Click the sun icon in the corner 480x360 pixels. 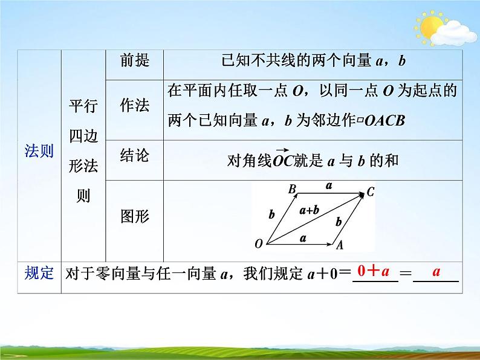[x=431, y=28]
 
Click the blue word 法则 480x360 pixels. [x=39, y=151]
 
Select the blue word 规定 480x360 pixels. [x=39, y=273]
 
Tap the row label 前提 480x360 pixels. [x=134, y=60]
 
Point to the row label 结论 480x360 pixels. [x=134, y=156]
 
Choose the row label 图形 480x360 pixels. [x=134, y=216]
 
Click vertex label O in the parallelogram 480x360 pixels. [x=259, y=244]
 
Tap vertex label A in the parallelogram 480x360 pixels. [x=340, y=245]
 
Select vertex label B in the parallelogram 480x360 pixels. [x=292, y=190]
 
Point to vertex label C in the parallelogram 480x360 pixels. [x=371, y=193]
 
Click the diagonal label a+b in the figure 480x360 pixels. [x=309, y=211]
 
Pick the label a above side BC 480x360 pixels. [x=329, y=187]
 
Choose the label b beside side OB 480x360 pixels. [x=271, y=214]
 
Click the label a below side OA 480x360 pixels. [x=303, y=238]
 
